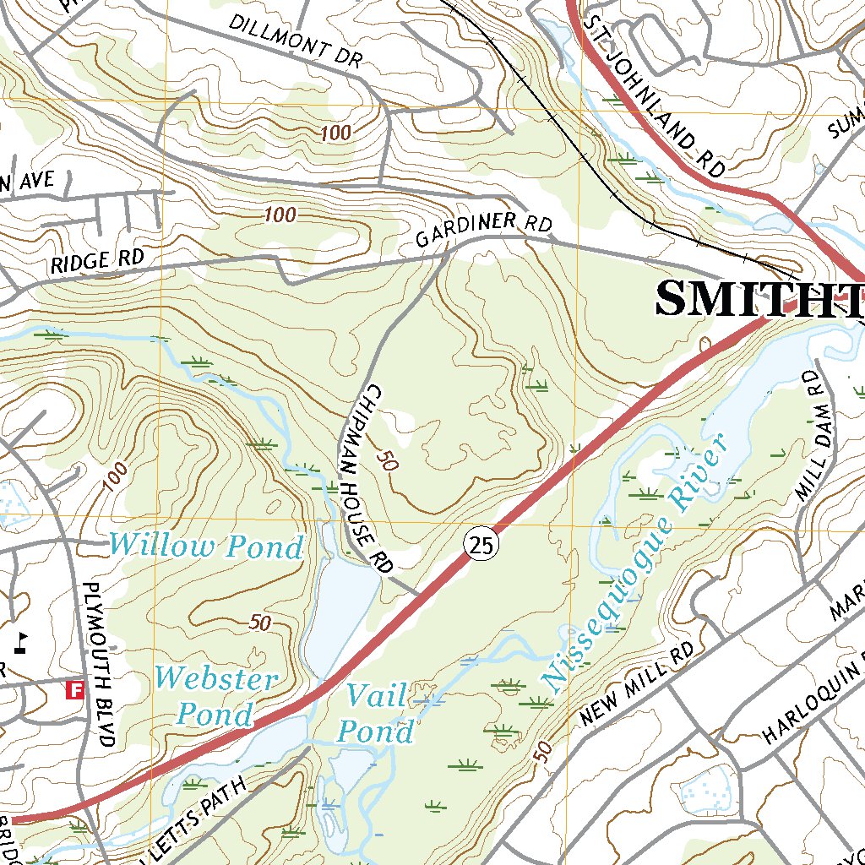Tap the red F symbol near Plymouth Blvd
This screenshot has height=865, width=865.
(x=75, y=691)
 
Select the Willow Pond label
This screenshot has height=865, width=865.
(x=205, y=547)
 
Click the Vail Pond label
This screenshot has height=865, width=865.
(x=380, y=715)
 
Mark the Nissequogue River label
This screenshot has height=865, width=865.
(x=634, y=561)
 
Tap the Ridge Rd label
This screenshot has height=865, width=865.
(x=98, y=259)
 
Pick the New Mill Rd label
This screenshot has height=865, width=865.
(x=638, y=684)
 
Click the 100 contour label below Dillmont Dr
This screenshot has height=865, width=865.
(x=336, y=133)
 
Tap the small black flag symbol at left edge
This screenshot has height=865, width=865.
(x=22, y=639)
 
